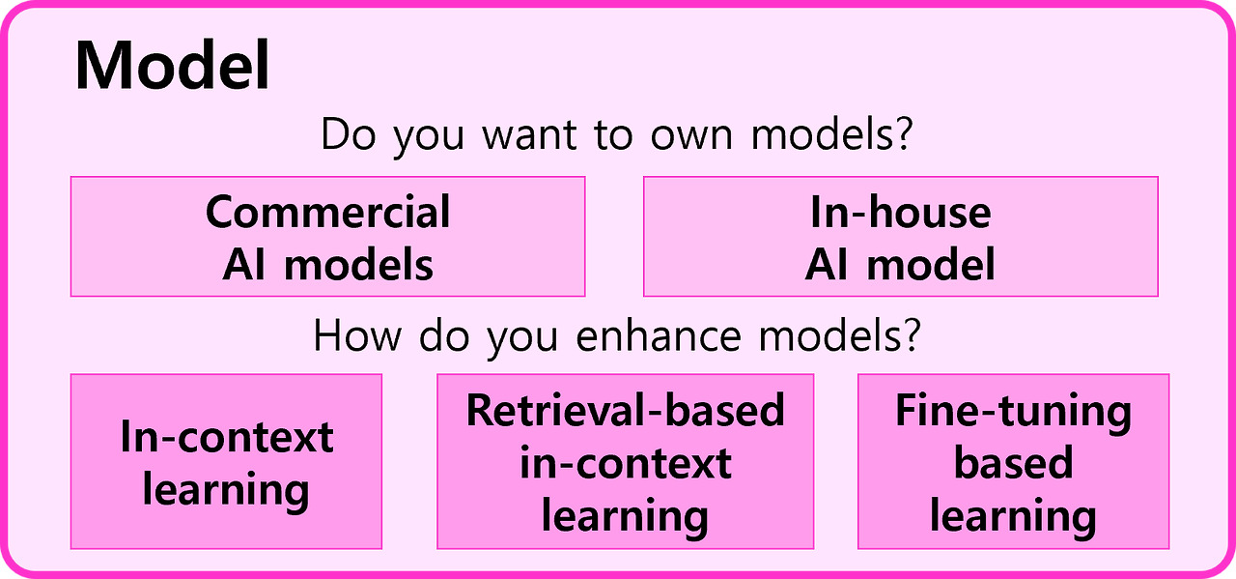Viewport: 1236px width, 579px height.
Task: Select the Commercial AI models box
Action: point(327,236)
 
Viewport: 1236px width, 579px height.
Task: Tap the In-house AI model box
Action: point(900,236)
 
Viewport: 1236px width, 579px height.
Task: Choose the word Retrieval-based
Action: point(625,411)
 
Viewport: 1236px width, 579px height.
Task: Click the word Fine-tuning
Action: point(1013,411)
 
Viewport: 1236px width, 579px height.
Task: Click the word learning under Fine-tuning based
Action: point(1013,516)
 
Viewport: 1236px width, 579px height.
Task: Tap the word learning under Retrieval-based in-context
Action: point(625,516)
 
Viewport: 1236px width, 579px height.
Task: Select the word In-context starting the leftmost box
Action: point(226,437)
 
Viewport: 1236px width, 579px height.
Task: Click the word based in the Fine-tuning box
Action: point(1013,463)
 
